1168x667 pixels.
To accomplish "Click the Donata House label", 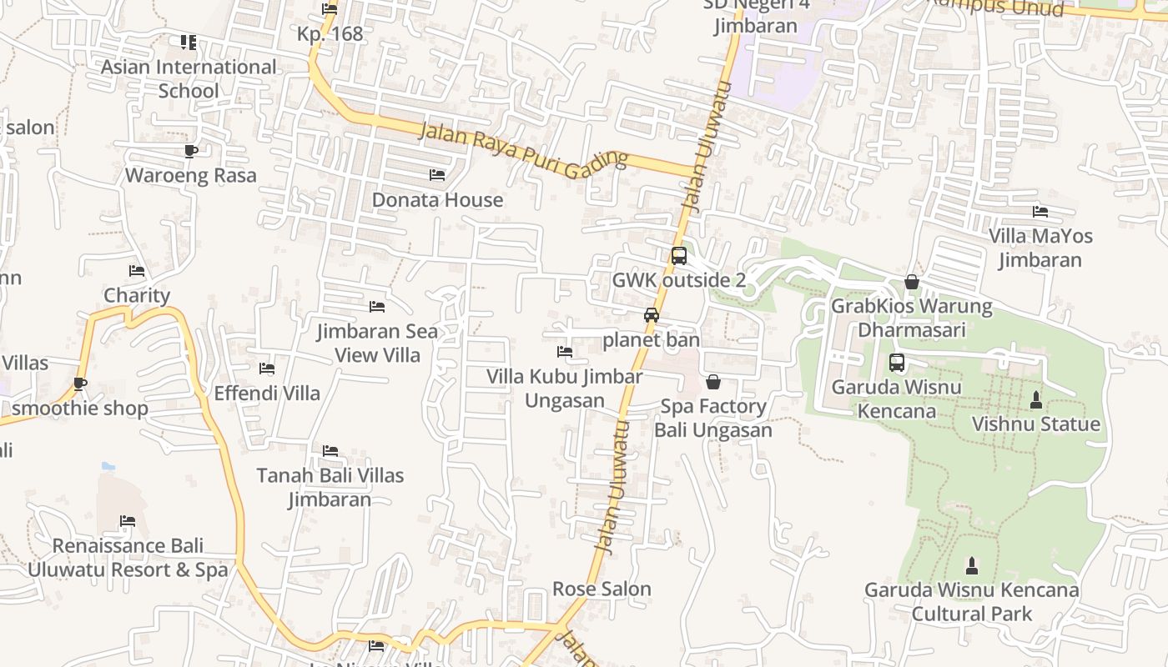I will click(437, 200).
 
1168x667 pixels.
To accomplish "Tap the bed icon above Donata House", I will click(437, 175).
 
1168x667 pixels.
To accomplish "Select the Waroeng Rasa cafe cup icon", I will click(191, 151).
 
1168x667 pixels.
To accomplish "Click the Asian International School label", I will click(189, 78).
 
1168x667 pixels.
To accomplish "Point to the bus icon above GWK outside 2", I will click(679, 256).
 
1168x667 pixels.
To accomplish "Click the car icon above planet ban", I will click(652, 315).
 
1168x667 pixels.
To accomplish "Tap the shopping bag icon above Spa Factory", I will click(713, 382).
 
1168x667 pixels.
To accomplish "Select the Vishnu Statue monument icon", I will click(1036, 400).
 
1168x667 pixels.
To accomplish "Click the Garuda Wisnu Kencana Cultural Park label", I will click(971, 602).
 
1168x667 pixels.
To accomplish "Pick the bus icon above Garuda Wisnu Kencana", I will click(897, 363).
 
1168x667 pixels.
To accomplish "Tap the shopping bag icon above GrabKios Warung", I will click(912, 282).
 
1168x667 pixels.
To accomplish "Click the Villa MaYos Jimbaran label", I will click(1040, 248).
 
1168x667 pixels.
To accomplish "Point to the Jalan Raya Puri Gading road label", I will click(523, 151).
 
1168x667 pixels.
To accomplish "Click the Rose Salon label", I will click(602, 589).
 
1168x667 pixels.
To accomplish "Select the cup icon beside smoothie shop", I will click(80, 384).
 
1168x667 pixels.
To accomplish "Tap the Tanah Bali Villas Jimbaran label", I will click(330, 487).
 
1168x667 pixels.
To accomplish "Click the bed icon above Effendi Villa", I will click(267, 369).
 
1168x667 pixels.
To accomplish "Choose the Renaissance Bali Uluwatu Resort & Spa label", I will click(128, 558).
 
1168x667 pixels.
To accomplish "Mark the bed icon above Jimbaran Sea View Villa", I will click(377, 307).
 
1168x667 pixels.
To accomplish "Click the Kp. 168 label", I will click(330, 34).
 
